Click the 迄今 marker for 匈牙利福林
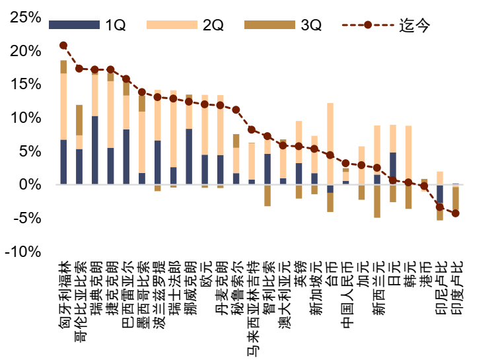pyautogui.click(x=63, y=46)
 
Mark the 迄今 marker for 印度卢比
pyautogui.click(x=456, y=213)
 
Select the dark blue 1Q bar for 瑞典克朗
pyautogui.click(x=95, y=150)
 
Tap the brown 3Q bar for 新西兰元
pyautogui.click(x=377, y=201)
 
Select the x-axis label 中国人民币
pyautogui.click(x=345, y=295)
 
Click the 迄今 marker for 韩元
pyautogui.click(x=409, y=182)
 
